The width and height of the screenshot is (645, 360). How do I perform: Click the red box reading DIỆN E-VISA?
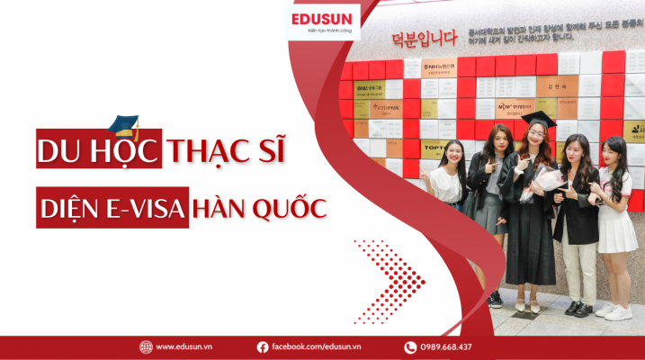tap(113, 209)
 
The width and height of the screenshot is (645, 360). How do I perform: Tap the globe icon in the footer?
tap(146, 347)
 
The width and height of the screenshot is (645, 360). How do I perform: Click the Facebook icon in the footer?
tap(263, 347)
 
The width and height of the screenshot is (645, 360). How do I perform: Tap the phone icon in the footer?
tap(410, 347)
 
